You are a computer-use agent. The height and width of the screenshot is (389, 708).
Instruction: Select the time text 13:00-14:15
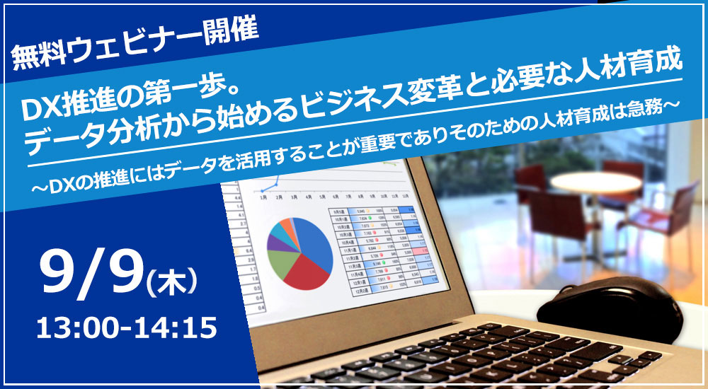click(x=126, y=327)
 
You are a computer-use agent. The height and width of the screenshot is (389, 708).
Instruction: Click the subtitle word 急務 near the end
click(x=648, y=110)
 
